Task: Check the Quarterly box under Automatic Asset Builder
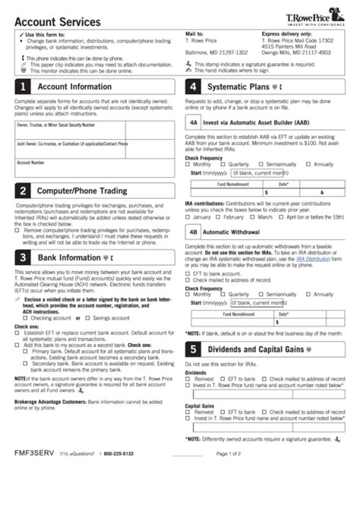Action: [223, 164]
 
